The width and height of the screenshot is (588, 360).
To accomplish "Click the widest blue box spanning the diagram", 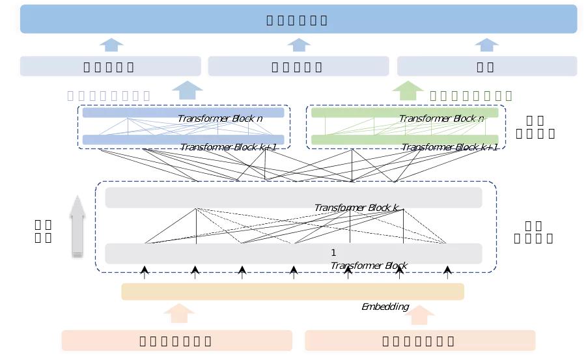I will pyautogui.click(x=298, y=20).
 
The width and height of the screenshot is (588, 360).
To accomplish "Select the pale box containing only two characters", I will pyautogui.click(x=486, y=66).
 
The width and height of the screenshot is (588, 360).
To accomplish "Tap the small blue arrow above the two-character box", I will pyautogui.click(x=486, y=44).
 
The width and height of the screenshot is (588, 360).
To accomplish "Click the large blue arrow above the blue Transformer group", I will pyautogui.click(x=187, y=90).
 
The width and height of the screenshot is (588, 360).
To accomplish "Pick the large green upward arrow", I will pyautogui.click(x=408, y=90).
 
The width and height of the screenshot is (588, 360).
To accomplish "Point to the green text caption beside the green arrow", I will pyautogui.click(x=471, y=96).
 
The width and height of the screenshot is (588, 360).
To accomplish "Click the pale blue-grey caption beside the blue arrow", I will pyautogui.click(x=109, y=96).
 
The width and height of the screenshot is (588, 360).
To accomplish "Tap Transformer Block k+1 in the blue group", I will pyautogui.click(x=228, y=147).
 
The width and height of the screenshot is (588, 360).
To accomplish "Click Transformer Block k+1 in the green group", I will pyautogui.click(x=449, y=147).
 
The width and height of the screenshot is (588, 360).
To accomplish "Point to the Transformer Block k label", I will pyautogui.click(x=356, y=208).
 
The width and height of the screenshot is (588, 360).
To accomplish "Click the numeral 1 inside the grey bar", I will pyautogui.click(x=333, y=253).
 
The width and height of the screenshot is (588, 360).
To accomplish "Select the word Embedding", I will pyautogui.click(x=385, y=307).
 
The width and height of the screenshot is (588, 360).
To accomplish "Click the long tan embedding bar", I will pyautogui.click(x=292, y=292).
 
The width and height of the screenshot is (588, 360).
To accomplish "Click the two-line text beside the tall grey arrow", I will pyautogui.click(x=44, y=231).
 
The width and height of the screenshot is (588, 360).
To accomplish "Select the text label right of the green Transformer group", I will pyautogui.click(x=535, y=127).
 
